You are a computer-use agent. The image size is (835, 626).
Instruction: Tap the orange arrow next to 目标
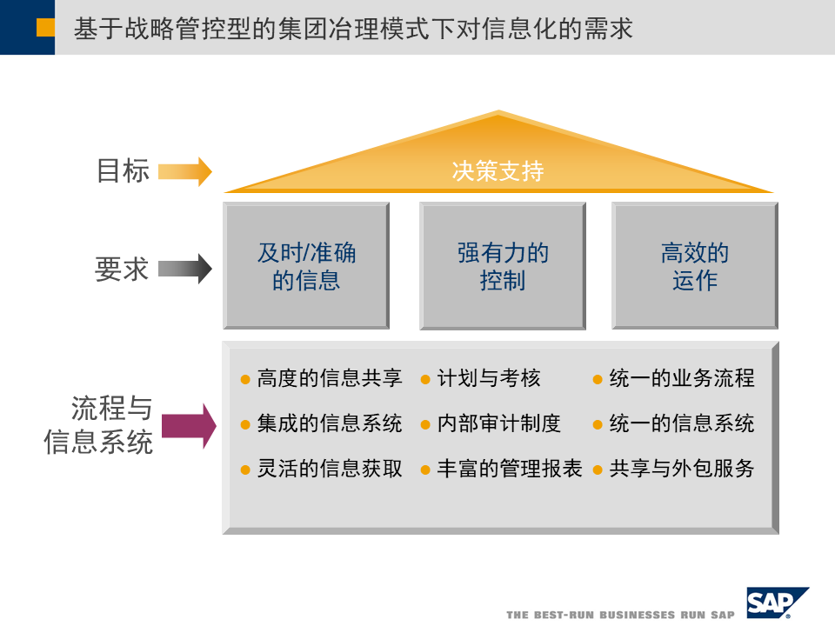[184, 171]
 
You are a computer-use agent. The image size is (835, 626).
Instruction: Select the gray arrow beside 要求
[184, 269]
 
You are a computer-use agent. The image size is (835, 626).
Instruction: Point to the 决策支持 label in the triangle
[498, 171]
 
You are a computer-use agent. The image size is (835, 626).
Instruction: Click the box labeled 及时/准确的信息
[306, 266]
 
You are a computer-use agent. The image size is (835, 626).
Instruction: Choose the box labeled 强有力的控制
[503, 266]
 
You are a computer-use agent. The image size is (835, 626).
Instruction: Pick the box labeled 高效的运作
[694, 266]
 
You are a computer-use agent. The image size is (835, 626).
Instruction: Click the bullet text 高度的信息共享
[329, 378]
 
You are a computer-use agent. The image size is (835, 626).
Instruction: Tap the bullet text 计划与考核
[489, 378]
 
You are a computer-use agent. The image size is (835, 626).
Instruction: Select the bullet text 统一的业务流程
[681, 378]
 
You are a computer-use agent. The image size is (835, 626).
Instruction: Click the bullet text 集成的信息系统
[329, 423]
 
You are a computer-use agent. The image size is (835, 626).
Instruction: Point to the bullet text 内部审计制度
[498, 423]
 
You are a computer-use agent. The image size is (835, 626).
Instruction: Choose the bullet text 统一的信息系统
[681, 423]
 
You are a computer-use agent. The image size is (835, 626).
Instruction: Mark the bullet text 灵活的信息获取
[329, 469]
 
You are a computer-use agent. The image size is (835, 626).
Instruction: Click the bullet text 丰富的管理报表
[509, 469]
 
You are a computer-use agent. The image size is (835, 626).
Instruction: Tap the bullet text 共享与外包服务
[681, 469]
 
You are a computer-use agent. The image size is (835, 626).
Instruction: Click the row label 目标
[123, 170]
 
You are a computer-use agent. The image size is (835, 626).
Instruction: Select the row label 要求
[122, 270]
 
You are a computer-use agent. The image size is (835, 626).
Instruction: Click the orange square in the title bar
[45, 28]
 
